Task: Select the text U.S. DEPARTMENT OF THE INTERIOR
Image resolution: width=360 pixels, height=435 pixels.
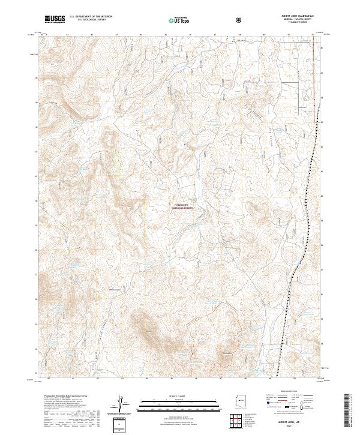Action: (x=91, y=17)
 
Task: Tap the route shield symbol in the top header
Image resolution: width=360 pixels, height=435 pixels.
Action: (x=239, y=20)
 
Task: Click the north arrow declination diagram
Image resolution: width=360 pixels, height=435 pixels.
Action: (x=121, y=406)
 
